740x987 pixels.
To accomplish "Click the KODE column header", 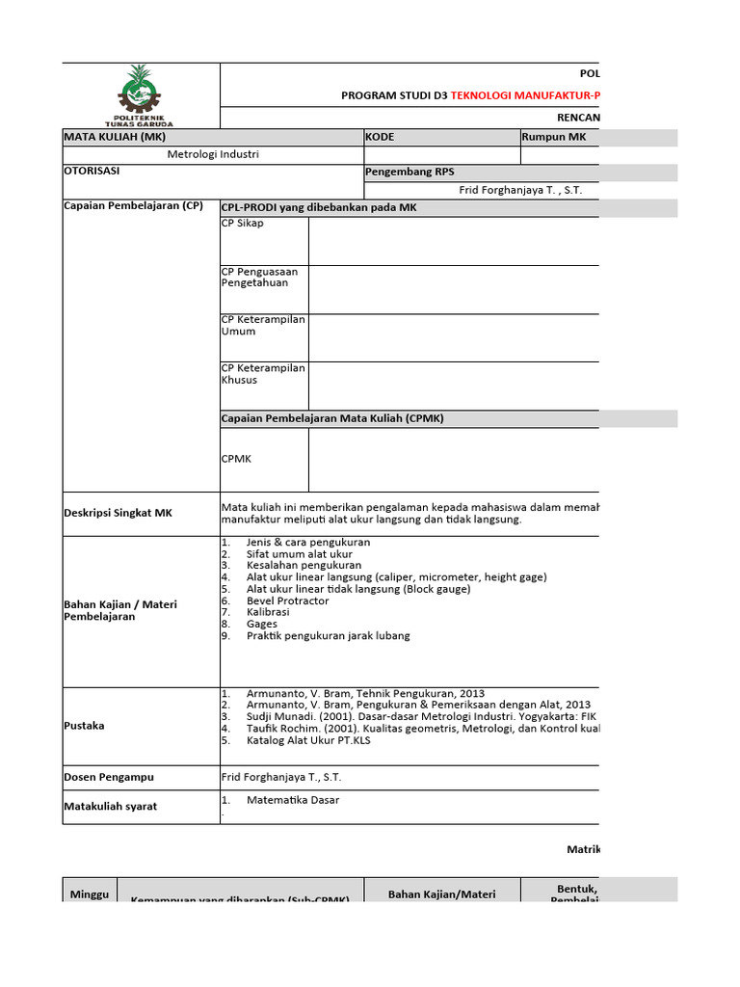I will pyautogui.click(x=380, y=137).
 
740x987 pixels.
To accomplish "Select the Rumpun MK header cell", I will pyautogui.click(x=554, y=137).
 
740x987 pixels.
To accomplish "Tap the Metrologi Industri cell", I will pyautogui.click(x=213, y=154).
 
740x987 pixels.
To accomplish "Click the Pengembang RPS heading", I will pyautogui.click(x=410, y=173).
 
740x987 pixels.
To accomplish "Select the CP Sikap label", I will pyautogui.click(x=243, y=224).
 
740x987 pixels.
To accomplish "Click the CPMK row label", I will pyautogui.click(x=236, y=459).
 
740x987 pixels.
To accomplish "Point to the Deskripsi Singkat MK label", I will pyautogui.click(x=118, y=514).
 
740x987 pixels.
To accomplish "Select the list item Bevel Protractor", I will pyautogui.click(x=287, y=600).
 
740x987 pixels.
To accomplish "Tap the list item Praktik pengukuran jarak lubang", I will pyautogui.click(x=328, y=636).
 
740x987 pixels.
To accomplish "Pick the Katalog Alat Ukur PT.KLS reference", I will pyautogui.click(x=308, y=740).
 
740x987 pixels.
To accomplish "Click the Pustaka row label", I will pyautogui.click(x=84, y=726).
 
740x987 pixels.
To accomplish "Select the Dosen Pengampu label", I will pyautogui.click(x=108, y=777).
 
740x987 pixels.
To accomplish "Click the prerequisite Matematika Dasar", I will pyautogui.click(x=293, y=800).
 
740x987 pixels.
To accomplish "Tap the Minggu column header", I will pyautogui.click(x=90, y=895).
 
